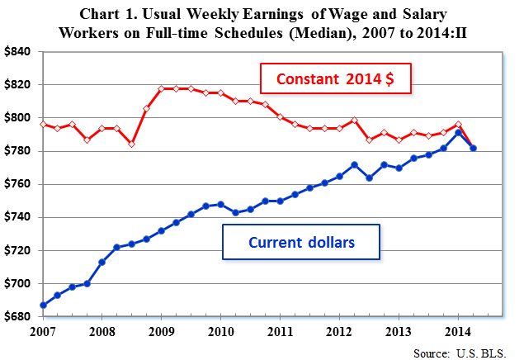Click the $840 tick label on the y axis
coord(17,51)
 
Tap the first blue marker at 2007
coord(42,305)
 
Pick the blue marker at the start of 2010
coord(220,204)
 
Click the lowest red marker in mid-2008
coord(131,144)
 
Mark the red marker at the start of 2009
coord(161,88)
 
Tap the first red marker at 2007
coord(42,124)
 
